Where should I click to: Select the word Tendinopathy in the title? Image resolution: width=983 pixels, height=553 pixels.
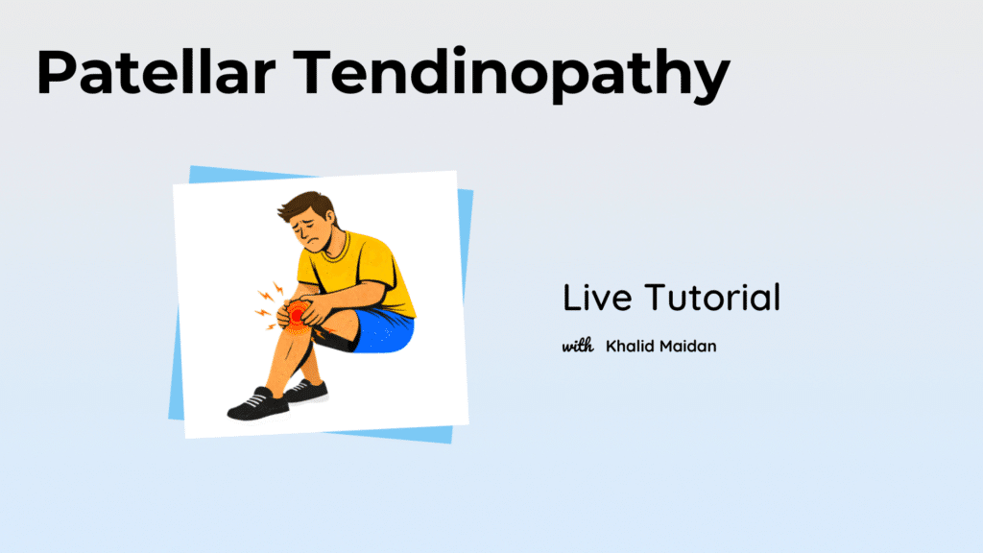point(512,75)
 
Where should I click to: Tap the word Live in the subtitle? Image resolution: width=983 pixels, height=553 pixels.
point(597,298)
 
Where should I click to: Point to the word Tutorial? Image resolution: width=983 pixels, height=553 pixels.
point(713,298)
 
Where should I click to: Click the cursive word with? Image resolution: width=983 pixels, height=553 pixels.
point(577,346)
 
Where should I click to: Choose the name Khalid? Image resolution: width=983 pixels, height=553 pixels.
point(629,346)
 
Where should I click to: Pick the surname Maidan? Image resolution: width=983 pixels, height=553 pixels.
point(687,346)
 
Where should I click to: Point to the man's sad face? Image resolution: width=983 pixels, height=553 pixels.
point(312,232)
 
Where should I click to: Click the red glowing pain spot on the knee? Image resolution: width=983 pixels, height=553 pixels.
point(298,315)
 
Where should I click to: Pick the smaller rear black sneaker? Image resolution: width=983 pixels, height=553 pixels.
point(306,392)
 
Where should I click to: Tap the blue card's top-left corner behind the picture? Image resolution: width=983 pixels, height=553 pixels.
point(190,166)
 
